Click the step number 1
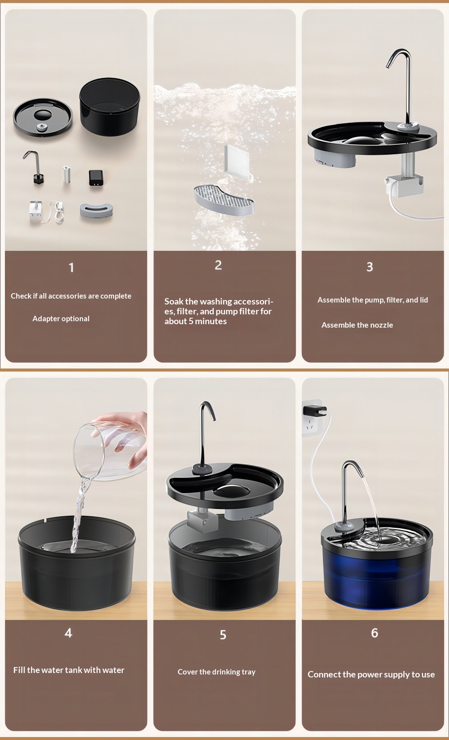coord(71,268)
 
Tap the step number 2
coord(218,265)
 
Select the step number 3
coord(370,267)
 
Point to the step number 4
coord(68,633)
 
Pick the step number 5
coord(223,635)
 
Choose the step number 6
coord(374,633)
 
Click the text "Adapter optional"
coord(61,319)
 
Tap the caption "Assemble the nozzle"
coord(357,325)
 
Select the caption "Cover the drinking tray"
coord(217,672)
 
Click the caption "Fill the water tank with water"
coord(68,670)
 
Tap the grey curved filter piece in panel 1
coord(96,211)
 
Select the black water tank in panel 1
coord(110,107)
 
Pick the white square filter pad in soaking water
coord(236,161)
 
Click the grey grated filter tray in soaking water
coord(224,200)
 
